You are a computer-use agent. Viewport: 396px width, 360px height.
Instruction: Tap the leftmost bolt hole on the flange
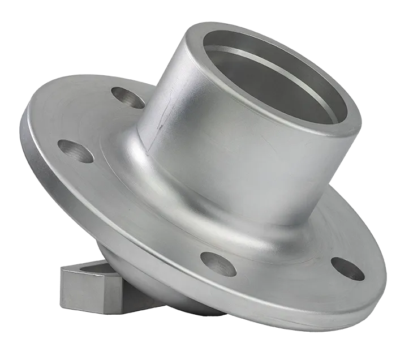pos(75,151)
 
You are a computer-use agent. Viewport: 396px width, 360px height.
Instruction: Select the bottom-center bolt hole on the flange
pos(218,264)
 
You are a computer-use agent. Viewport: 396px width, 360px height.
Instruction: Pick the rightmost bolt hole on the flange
pos(347,268)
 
